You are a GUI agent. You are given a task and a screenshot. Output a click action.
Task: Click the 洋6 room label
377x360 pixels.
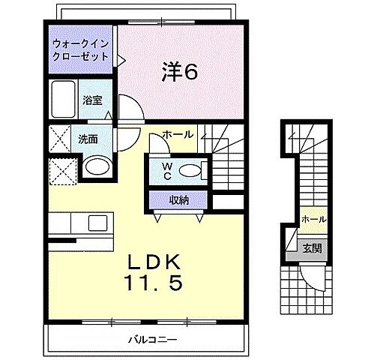pos(181,73)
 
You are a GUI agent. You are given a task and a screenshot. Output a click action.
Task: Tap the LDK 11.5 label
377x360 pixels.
pos(157,273)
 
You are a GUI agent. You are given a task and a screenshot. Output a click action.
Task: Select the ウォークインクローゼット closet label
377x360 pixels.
pos(81,49)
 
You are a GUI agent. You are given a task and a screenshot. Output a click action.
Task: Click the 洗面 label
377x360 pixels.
pos(88,139)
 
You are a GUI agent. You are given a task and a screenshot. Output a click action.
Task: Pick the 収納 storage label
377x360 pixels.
pos(178,199)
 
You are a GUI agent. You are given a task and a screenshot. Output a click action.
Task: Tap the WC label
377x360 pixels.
pos(166,170)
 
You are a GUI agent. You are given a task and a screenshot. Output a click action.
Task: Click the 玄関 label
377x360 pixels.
pos(313,247)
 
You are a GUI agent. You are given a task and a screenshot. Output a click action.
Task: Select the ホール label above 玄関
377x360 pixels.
pos(313,219)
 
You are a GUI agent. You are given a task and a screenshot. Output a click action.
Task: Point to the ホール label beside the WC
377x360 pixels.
pos(178,135)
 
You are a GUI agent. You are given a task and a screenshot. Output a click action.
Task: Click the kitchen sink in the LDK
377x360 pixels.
pos(97,223)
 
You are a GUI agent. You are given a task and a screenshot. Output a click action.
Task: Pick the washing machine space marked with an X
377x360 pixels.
pos(61,139)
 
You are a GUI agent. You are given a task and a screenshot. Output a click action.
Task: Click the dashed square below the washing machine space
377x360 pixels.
pos(61,169)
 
